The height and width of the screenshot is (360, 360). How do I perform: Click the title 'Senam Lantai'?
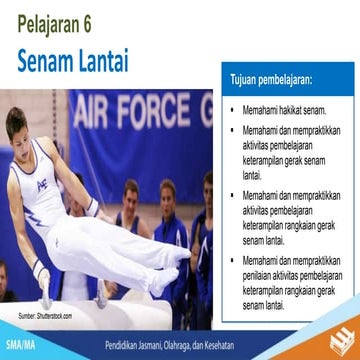73,61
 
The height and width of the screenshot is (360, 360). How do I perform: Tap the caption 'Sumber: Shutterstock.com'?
45,316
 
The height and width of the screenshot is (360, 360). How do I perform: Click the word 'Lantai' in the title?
103,61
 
